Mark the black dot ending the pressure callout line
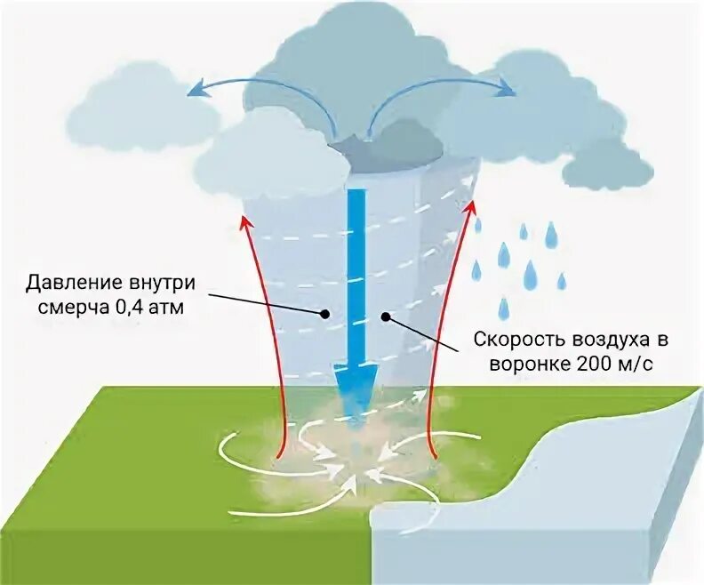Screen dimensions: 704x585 pos(327,313)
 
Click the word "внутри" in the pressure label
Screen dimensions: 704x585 pos(160,284)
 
